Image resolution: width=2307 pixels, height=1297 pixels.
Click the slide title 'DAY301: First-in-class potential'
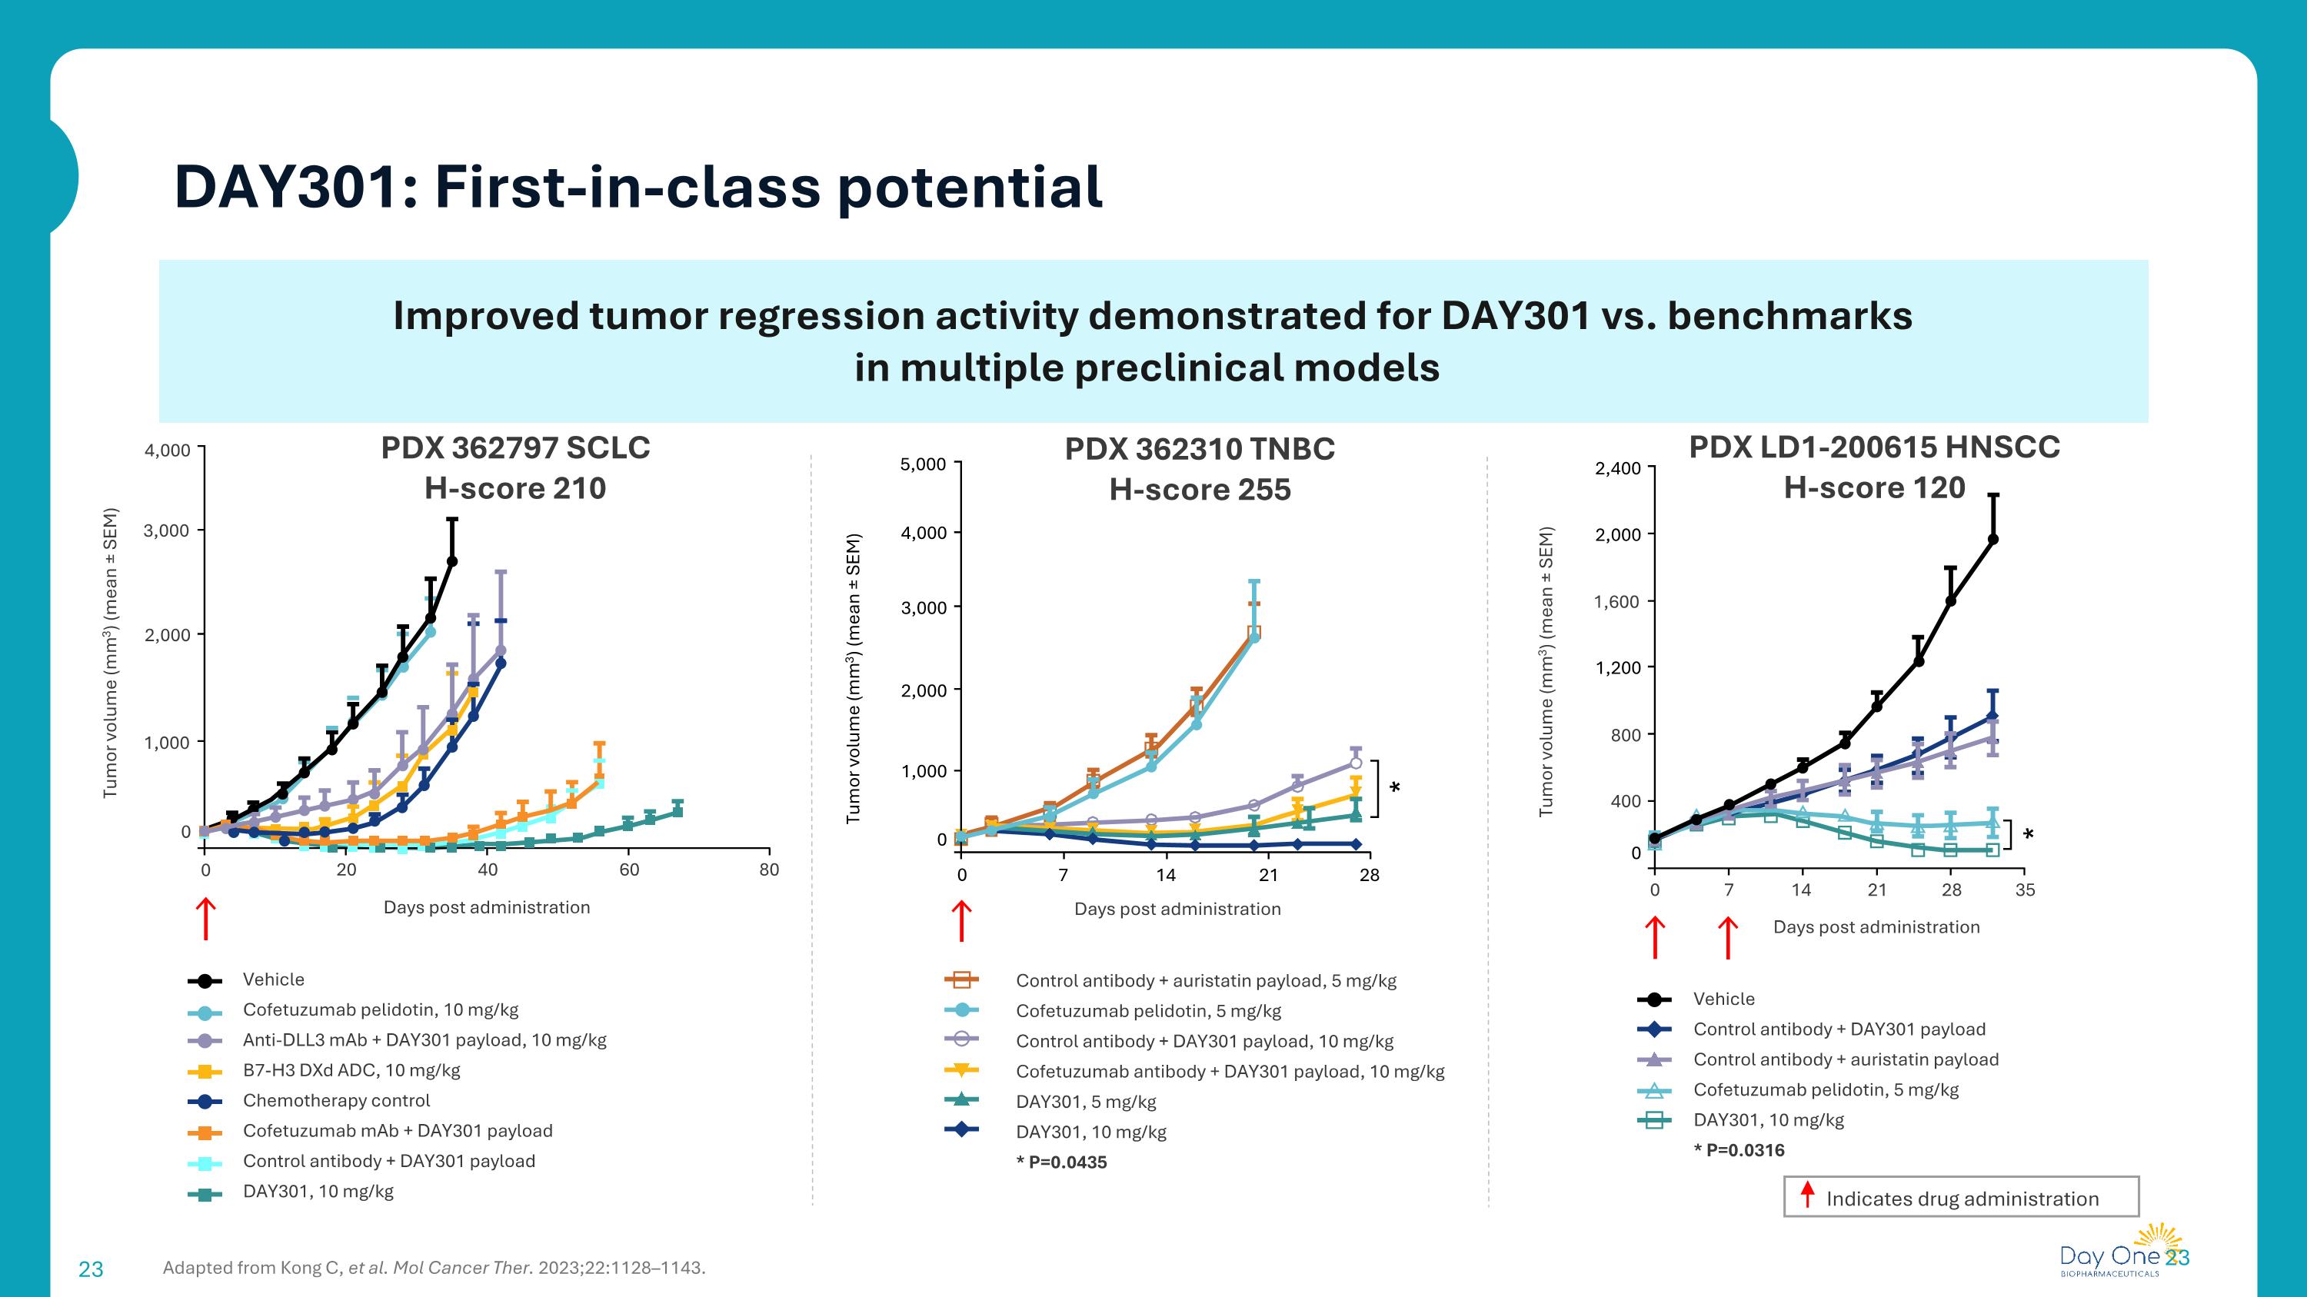(x=638, y=187)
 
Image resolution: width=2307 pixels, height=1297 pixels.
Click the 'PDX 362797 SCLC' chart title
(x=515, y=447)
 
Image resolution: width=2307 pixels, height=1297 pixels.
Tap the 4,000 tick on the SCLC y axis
(x=168, y=451)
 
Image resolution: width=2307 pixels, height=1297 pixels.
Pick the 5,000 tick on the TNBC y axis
(x=923, y=464)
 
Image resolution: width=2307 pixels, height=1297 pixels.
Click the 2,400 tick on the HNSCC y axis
(x=1617, y=468)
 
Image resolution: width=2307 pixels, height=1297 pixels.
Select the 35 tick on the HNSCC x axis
(x=2025, y=890)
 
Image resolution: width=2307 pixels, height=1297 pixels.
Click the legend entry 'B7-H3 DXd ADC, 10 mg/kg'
(x=351, y=1070)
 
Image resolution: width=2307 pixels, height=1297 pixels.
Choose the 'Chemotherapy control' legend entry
(x=336, y=1101)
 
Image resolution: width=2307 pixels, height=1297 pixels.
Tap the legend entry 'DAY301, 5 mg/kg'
(x=1085, y=1102)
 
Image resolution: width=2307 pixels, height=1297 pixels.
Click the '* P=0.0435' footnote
(x=1061, y=1162)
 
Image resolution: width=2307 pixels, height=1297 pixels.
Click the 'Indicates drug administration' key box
(x=1960, y=1198)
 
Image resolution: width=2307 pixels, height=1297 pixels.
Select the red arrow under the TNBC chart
(x=961, y=921)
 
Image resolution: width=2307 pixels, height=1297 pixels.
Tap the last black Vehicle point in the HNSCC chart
(x=1992, y=540)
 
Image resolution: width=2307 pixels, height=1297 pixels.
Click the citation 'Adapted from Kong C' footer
(x=434, y=1268)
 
